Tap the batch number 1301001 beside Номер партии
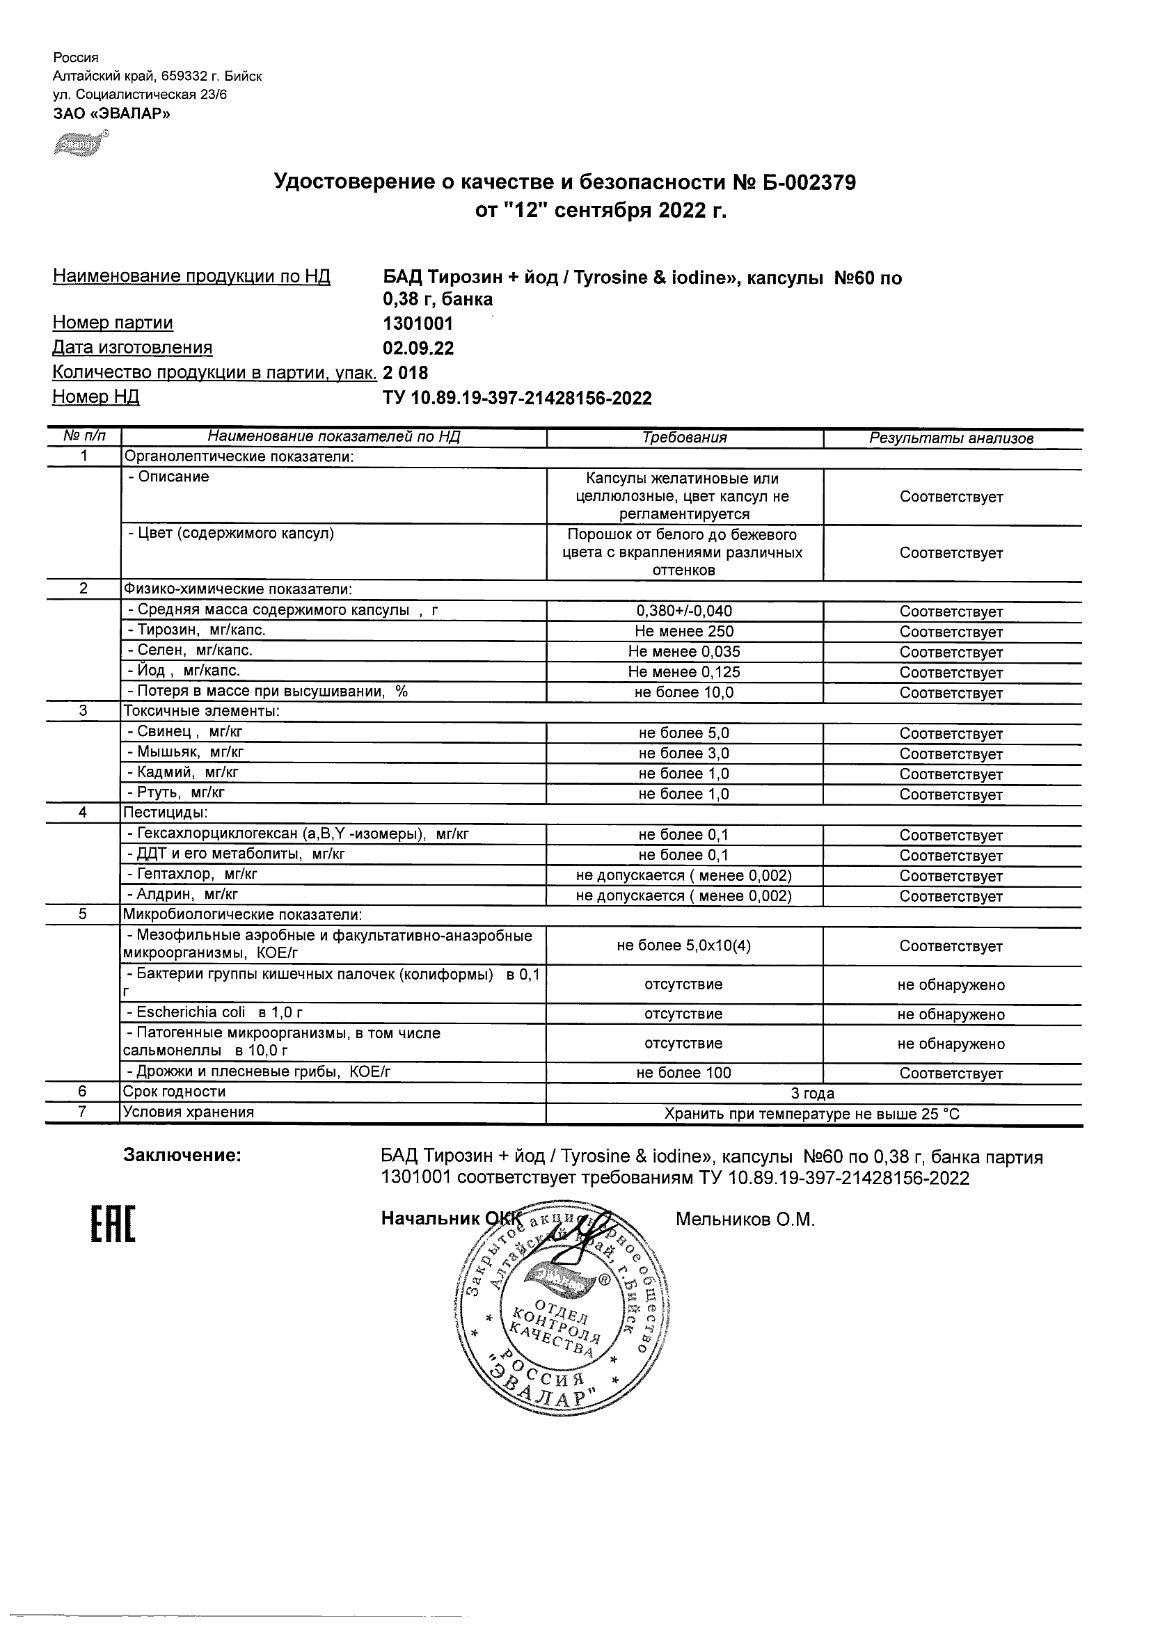(418, 324)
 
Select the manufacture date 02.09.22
(418, 349)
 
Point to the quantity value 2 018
(406, 373)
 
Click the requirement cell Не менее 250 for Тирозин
(684, 632)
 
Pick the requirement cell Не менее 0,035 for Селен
(684, 652)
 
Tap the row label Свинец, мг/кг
(185, 733)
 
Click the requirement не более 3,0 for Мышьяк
(684, 753)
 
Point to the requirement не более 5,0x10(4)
(684, 946)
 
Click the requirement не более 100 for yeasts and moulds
(684, 1073)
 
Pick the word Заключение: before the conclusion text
(182, 1156)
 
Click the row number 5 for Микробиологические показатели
(83, 914)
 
